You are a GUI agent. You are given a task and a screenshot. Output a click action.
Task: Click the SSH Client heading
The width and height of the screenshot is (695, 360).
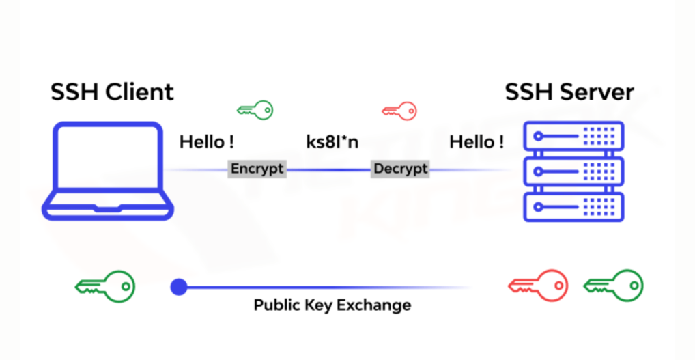[x=112, y=92]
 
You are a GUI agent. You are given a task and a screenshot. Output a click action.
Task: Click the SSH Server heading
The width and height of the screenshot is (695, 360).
[x=569, y=92]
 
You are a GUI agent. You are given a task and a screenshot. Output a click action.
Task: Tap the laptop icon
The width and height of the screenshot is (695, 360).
[x=108, y=171]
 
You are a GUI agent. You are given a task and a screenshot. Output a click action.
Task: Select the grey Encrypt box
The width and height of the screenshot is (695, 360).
[x=257, y=169]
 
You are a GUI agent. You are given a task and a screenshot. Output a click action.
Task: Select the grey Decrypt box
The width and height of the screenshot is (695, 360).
[x=400, y=169]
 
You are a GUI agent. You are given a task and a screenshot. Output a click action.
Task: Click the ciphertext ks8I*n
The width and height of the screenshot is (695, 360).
[x=332, y=142]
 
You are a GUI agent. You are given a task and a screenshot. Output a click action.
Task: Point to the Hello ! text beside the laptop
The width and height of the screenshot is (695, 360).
[x=207, y=142]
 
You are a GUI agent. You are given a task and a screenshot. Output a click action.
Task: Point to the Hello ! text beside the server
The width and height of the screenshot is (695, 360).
[x=477, y=142]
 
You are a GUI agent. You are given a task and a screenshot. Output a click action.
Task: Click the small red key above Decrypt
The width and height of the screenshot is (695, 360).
[x=399, y=110]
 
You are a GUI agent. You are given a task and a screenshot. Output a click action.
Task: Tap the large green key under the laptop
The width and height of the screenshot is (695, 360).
[x=105, y=286]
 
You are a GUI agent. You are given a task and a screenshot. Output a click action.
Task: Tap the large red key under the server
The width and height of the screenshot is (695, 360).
[x=539, y=286]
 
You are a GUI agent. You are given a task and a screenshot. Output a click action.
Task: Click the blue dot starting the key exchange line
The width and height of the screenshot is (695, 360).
[x=179, y=287]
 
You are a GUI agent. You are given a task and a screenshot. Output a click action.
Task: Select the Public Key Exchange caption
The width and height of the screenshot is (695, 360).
[x=332, y=305]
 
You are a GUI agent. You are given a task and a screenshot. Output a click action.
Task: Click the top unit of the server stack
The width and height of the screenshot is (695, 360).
[x=573, y=137]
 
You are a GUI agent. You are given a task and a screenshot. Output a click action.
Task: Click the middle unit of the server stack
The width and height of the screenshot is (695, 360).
[x=573, y=171]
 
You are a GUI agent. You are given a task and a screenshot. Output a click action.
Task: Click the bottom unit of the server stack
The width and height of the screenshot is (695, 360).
[x=573, y=206]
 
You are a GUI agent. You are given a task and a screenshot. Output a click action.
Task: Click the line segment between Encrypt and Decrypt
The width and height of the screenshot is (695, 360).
[x=328, y=169]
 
